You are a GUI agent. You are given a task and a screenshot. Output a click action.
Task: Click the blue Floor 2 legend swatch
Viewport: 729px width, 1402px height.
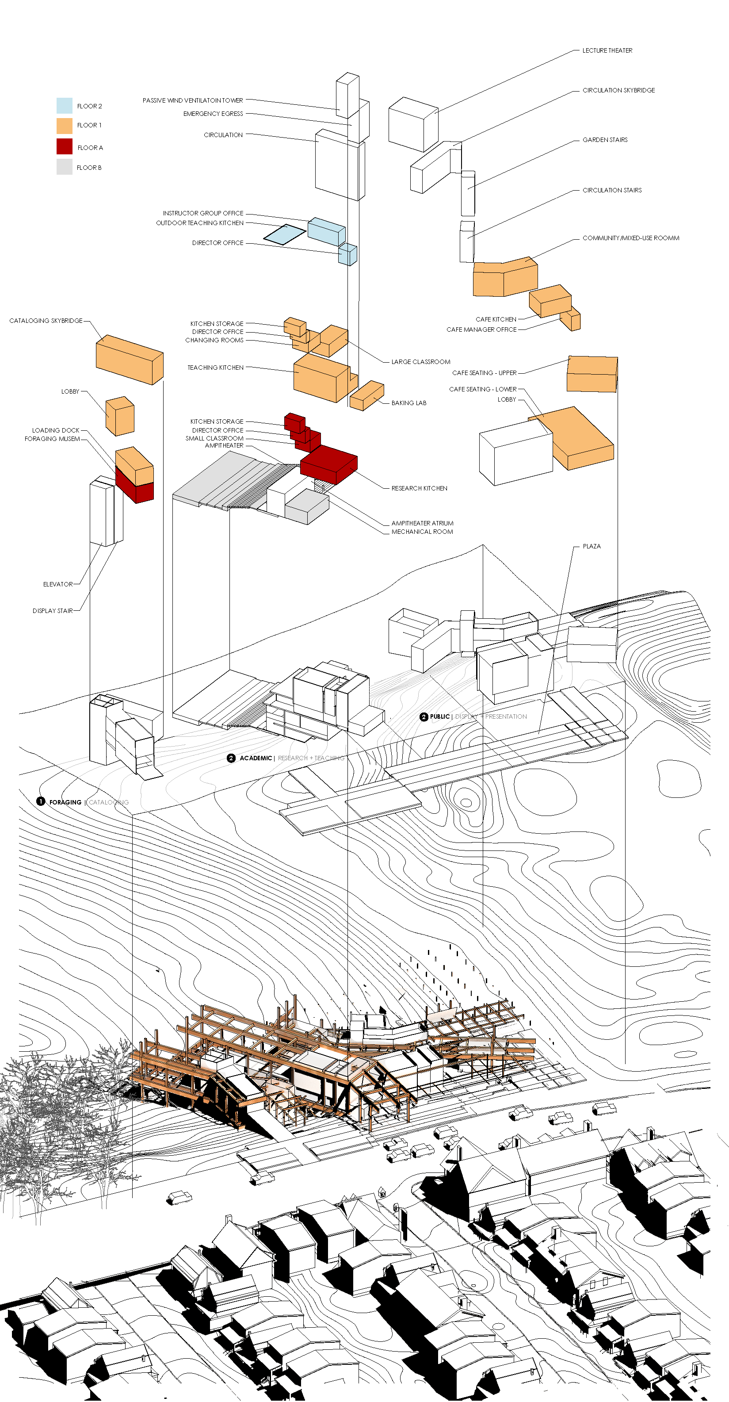click(x=64, y=106)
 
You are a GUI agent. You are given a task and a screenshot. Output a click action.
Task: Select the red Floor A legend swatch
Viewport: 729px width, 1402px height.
click(x=64, y=146)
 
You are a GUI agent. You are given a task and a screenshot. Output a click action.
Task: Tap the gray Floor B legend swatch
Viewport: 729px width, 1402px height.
click(x=64, y=167)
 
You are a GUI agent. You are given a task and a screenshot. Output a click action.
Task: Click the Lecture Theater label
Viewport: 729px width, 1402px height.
click(x=607, y=50)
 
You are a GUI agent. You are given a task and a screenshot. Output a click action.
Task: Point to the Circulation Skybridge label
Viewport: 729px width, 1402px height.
click(x=618, y=90)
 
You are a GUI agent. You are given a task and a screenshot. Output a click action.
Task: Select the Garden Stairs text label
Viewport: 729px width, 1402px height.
click(x=605, y=140)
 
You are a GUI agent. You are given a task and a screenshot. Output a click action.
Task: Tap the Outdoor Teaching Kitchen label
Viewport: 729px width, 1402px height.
click(x=200, y=223)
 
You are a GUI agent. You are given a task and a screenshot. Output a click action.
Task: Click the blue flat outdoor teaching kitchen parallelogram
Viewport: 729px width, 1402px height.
click(x=285, y=234)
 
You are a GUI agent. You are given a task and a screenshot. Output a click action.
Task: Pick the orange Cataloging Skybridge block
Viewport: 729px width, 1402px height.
click(x=129, y=359)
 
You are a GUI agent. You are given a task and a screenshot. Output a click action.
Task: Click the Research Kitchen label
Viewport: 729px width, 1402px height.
click(x=420, y=488)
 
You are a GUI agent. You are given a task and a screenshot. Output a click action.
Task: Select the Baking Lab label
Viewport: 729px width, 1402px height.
click(x=409, y=403)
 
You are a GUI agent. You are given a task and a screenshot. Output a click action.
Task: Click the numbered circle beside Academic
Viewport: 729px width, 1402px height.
click(x=231, y=758)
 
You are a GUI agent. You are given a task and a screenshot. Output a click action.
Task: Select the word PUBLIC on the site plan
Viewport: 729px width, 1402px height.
click(x=439, y=717)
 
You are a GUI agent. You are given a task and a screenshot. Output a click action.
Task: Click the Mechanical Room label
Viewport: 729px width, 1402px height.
click(x=422, y=532)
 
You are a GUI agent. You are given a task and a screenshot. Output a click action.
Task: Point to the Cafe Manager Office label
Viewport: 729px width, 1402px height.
click(x=481, y=330)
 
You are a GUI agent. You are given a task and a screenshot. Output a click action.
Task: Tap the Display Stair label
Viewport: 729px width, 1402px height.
click(x=52, y=611)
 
